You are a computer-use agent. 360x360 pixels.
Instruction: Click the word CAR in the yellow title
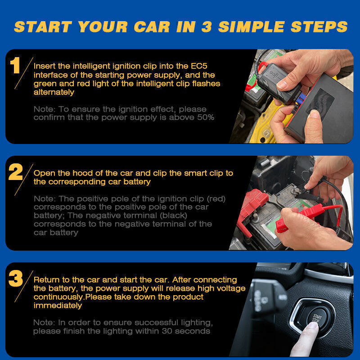click(x=152, y=27)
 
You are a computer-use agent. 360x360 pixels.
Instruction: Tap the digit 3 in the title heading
click(x=207, y=27)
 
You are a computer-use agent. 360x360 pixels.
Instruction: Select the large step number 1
click(x=15, y=65)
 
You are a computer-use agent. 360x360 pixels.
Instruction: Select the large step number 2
click(x=16, y=172)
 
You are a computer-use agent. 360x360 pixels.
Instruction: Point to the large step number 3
click(x=16, y=278)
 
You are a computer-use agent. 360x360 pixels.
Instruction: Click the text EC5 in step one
click(x=199, y=66)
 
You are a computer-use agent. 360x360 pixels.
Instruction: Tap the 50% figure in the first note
click(x=206, y=117)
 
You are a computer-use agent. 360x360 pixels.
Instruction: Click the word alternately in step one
click(x=54, y=92)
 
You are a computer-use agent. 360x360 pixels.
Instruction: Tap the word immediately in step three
click(x=58, y=306)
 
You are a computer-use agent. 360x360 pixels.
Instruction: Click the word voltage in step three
click(x=231, y=288)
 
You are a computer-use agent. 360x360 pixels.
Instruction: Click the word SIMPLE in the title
click(x=252, y=27)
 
